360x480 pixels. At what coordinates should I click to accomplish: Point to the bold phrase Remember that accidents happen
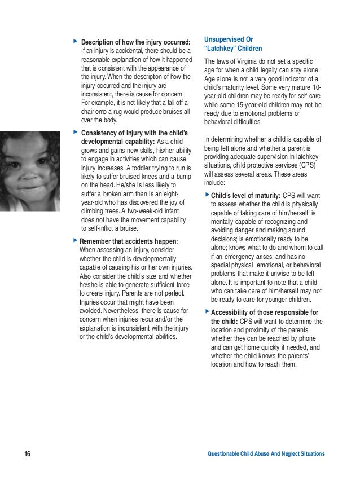(x=129, y=241)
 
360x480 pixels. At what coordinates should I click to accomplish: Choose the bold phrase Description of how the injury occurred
(x=136, y=42)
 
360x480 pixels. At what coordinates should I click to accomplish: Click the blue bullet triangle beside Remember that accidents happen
(x=75, y=241)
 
